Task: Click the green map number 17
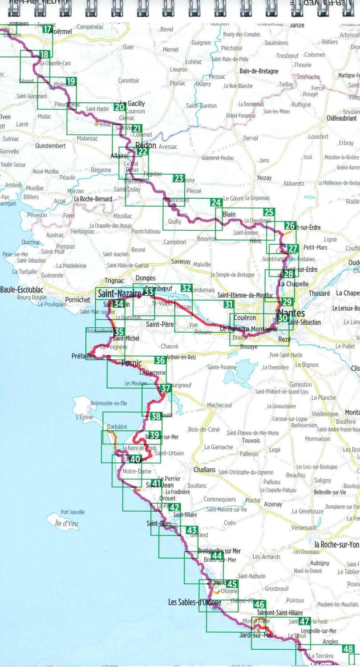tap(47, 29)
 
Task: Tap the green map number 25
tap(269, 212)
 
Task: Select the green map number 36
tap(160, 360)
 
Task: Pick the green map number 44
tap(217, 556)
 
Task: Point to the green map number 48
tap(348, 649)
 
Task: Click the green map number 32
tap(186, 288)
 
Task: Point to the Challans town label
tap(205, 470)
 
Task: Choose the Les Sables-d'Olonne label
tap(194, 603)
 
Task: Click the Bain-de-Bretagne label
tap(259, 71)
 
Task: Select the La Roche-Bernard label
tap(93, 199)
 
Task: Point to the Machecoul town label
tap(219, 405)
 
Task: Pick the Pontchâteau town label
tap(146, 231)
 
